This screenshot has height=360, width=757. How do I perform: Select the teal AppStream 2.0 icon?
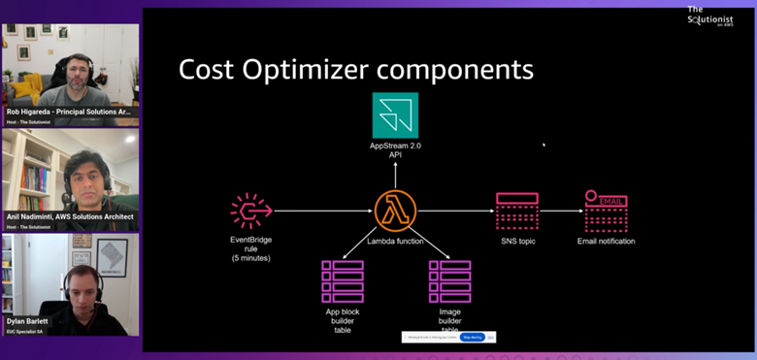(x=395, y=115)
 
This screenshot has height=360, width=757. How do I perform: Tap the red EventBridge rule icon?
(x=249, y=211)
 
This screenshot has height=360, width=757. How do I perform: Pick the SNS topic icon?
(x=516, y=211)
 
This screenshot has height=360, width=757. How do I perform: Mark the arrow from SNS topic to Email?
(x=561, y=211)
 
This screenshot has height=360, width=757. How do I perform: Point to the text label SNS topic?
(x=516, y=241)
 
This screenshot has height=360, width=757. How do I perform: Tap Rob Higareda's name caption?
(x=68, y=112)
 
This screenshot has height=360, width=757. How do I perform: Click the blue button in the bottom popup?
(x=473, y=337)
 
